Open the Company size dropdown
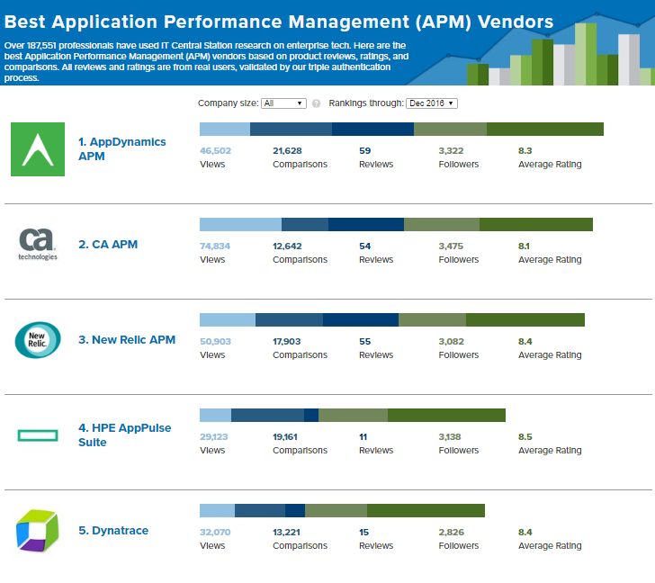coord(283,103)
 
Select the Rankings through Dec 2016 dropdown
coord(432,103)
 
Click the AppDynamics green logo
coord(38,149)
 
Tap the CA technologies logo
coord(38,244)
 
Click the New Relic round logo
coord(38,339)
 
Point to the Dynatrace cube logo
coord(37,530)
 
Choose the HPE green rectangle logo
coord(38,435)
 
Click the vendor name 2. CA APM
coord(107,244)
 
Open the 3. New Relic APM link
coord(127,340)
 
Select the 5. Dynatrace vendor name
coord(113,531)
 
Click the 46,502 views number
coord(215,151)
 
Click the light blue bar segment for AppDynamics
coord(224,130)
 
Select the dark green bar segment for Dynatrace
coord(426,511)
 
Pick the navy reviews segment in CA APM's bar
coord(366,225)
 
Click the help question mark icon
coord(316,103)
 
